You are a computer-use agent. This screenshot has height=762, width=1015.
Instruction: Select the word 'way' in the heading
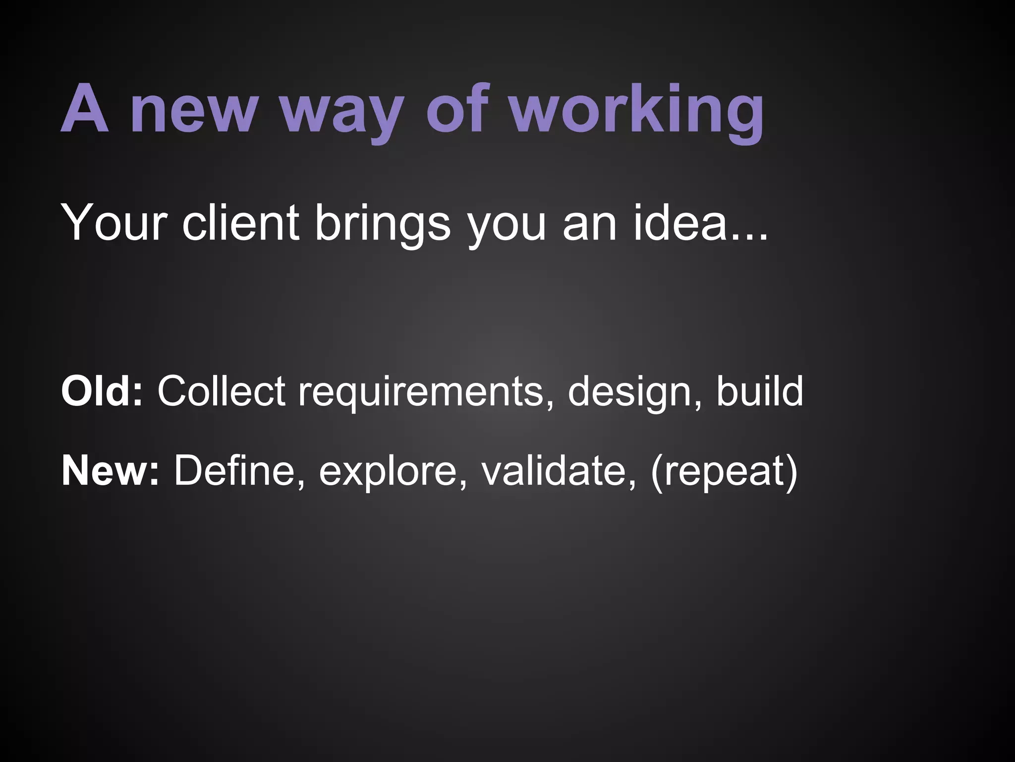tap(341, 113)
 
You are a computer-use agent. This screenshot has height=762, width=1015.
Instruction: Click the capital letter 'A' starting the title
tap(85, 109)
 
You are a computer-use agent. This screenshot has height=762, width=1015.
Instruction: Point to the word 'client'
tap(240, 223)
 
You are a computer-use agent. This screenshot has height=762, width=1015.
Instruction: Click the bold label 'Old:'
tap(102, 391)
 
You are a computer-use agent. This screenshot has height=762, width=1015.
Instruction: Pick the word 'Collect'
tap(221, 391)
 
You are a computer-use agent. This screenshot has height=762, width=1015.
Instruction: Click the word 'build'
tap(759, 391)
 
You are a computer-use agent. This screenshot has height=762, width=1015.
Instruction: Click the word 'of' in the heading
tap(455, 109)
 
